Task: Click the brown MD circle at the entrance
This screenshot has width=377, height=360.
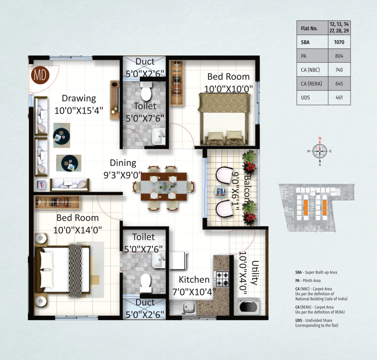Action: click(x=40, y=75)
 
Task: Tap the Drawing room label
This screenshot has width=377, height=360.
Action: click(x=79, y=98)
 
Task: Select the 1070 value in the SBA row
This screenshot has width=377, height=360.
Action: click(x=339, y=42)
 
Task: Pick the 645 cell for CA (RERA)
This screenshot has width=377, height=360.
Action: click(x=339, y=83)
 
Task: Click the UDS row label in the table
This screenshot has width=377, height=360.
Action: click(x=305, y=97)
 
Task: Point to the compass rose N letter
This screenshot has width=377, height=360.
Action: click(x=320, y=138)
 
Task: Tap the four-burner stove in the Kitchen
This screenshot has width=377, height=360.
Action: click(x=222, y=279)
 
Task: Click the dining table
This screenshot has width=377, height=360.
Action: click(x=164, y=186)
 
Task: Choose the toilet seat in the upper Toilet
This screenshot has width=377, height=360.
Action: click(x=146, y=91)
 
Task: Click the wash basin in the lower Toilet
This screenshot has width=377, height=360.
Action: click(x=159, y=260)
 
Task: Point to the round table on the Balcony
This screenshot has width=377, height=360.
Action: click(x=220, y=192)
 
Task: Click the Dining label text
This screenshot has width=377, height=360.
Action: click(x=123, y=163)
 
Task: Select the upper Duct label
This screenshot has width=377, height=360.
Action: click(x=145, y=61)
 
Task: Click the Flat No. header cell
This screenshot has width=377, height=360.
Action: click(x=309, y=28)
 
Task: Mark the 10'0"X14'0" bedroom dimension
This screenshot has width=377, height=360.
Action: click(x=77, y=230)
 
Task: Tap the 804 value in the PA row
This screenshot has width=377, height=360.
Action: click(x=339, y=56)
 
